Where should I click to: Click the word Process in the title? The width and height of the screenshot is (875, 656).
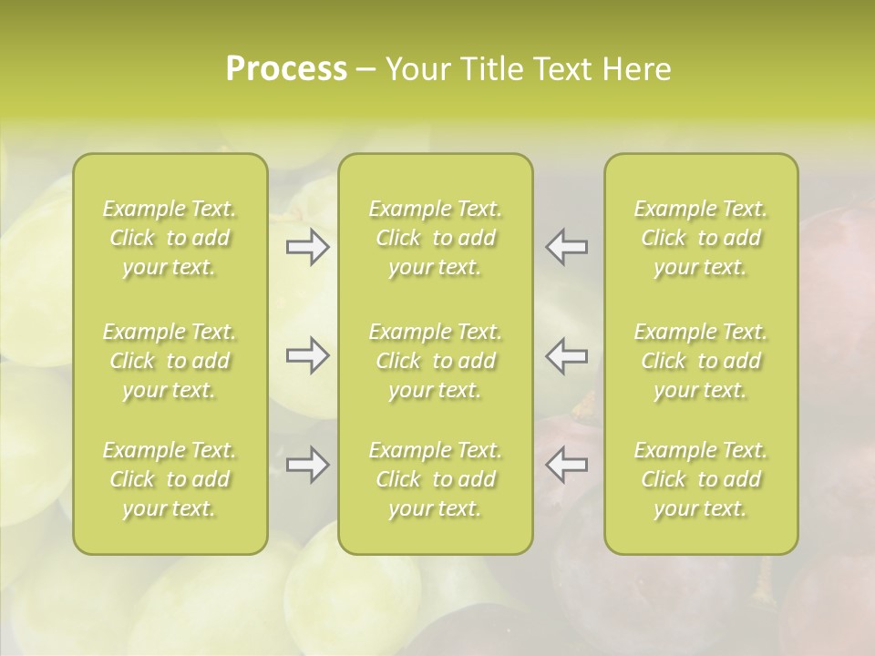point(286,69)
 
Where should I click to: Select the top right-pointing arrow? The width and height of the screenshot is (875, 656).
point(308,247)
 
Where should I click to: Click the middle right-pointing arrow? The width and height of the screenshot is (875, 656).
point(308,355)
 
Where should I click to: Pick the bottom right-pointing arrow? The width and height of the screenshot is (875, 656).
point(308,465)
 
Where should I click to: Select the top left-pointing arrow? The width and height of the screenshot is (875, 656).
point(567,247)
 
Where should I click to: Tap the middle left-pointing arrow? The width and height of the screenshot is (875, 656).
point(567,355)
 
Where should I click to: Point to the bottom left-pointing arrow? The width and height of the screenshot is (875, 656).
point(567,465)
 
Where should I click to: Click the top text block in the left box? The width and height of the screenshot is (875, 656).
point(170,238)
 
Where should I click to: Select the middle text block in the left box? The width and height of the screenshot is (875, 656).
point(170,361)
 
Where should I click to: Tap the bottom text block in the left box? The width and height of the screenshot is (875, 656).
point(170,479)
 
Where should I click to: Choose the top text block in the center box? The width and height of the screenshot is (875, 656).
point(436,238)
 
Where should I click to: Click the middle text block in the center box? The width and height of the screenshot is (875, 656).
point(436,361)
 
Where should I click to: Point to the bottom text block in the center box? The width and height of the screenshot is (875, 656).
point(436,479)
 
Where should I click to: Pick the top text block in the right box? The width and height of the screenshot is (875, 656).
point(701,238)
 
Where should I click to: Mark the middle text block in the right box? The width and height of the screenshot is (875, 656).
point(701,361)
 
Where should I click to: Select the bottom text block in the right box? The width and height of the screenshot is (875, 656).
point(701,479)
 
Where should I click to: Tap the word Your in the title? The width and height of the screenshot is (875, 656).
point(414,69)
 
